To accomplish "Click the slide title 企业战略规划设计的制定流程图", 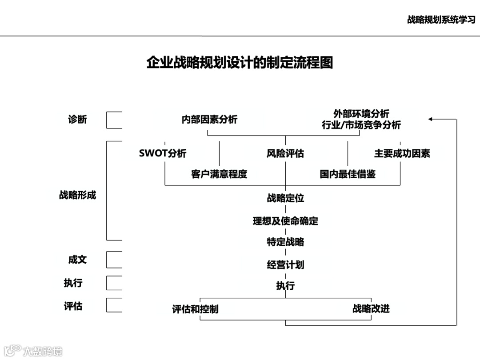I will click(240, 62).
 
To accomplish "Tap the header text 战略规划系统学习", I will click(441, 20).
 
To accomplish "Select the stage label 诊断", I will click(77, 120).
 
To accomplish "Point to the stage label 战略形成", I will click(77, 195).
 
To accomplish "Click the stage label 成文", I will click(77, 260).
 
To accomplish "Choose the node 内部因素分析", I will click(209, 120).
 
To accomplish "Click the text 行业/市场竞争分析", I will click(361, 125).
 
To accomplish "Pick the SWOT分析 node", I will click(163, 154).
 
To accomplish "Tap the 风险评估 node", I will click(285, 154).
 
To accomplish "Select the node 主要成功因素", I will click(402, 154).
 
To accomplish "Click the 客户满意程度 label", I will click(219, 174).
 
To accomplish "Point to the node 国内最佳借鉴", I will click(348, 174).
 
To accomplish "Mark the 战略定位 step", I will click(285, 198).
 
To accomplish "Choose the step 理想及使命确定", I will click(285, 221).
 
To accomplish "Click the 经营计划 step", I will click(285, 265).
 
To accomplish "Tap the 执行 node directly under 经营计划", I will click(285, 286).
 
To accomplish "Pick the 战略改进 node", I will click(371, 309).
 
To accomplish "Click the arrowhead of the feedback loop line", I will click(431, 119).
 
